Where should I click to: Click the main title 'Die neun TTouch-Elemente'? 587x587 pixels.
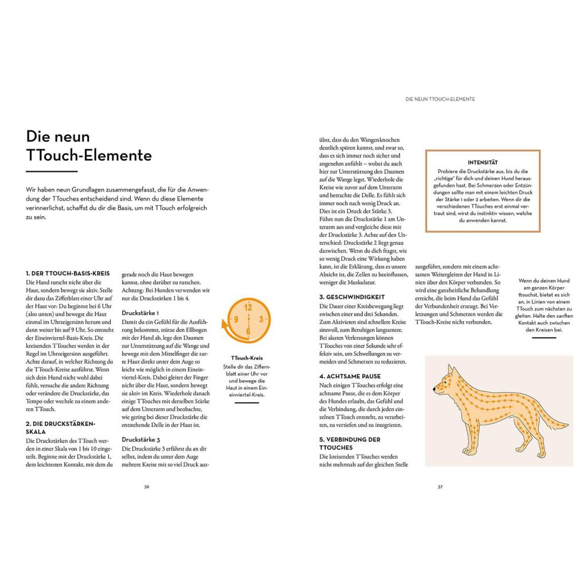pyautogui.click(x=89, y=146)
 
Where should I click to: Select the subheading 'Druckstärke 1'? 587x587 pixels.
pyautogui.click(x=140, y=313)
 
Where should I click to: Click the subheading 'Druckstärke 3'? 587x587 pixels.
pyautogui.click(x=140, y=439)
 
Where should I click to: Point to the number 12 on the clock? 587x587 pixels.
pyautogui.click(x=248, y=307)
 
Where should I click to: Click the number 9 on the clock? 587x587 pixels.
pyautogui.click(x=235, y=319)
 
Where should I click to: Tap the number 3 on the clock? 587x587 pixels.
pyautogui.click(x=261, y=319)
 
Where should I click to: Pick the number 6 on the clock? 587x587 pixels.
pyautogui.click(x=248, y=331)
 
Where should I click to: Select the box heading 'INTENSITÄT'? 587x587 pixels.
pyautogui.click(x=483, y=162)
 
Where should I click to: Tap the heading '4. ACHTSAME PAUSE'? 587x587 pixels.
pyautogui.click(x=350, y=376)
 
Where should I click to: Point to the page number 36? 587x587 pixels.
pyautogui.click(x=147, y=487)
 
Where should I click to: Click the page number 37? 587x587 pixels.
pyautogui.click(x=440, y=487)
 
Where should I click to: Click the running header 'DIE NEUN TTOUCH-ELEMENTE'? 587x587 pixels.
pyautogui.click(x=440, y=99)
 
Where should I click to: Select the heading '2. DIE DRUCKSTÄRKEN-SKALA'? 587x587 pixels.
pyautogui.click(x=60, y=427)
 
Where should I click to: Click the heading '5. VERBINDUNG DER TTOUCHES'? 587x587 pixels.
pyautogui.click(x=350, y=443)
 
